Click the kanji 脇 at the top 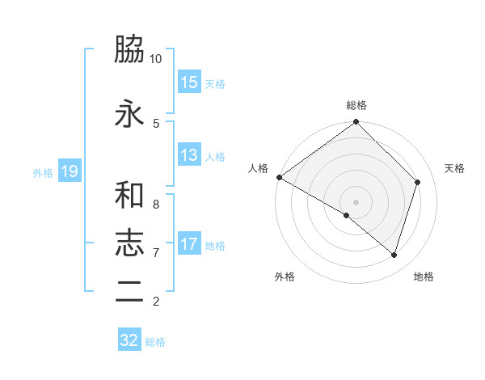pos(129,51)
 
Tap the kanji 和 pos(129,194)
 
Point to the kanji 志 pos(129,243)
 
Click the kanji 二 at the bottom pos(129,292)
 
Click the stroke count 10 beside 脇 pos(156,59)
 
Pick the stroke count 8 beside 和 pos(156,204)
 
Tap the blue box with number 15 pos(189,82)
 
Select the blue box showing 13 pos(189,155)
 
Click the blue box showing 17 pos(189,244)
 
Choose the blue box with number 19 pos(70,171)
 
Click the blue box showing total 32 pos(129,340)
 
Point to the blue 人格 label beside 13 pos(215,156)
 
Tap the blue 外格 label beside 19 pos(43,172)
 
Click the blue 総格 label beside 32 pos(155,342)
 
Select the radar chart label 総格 pos(356,105)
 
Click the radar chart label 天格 pos(454,168)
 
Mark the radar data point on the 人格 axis pos(279,177)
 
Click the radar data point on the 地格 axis pos(394,255)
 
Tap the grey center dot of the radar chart pos(356,201)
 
